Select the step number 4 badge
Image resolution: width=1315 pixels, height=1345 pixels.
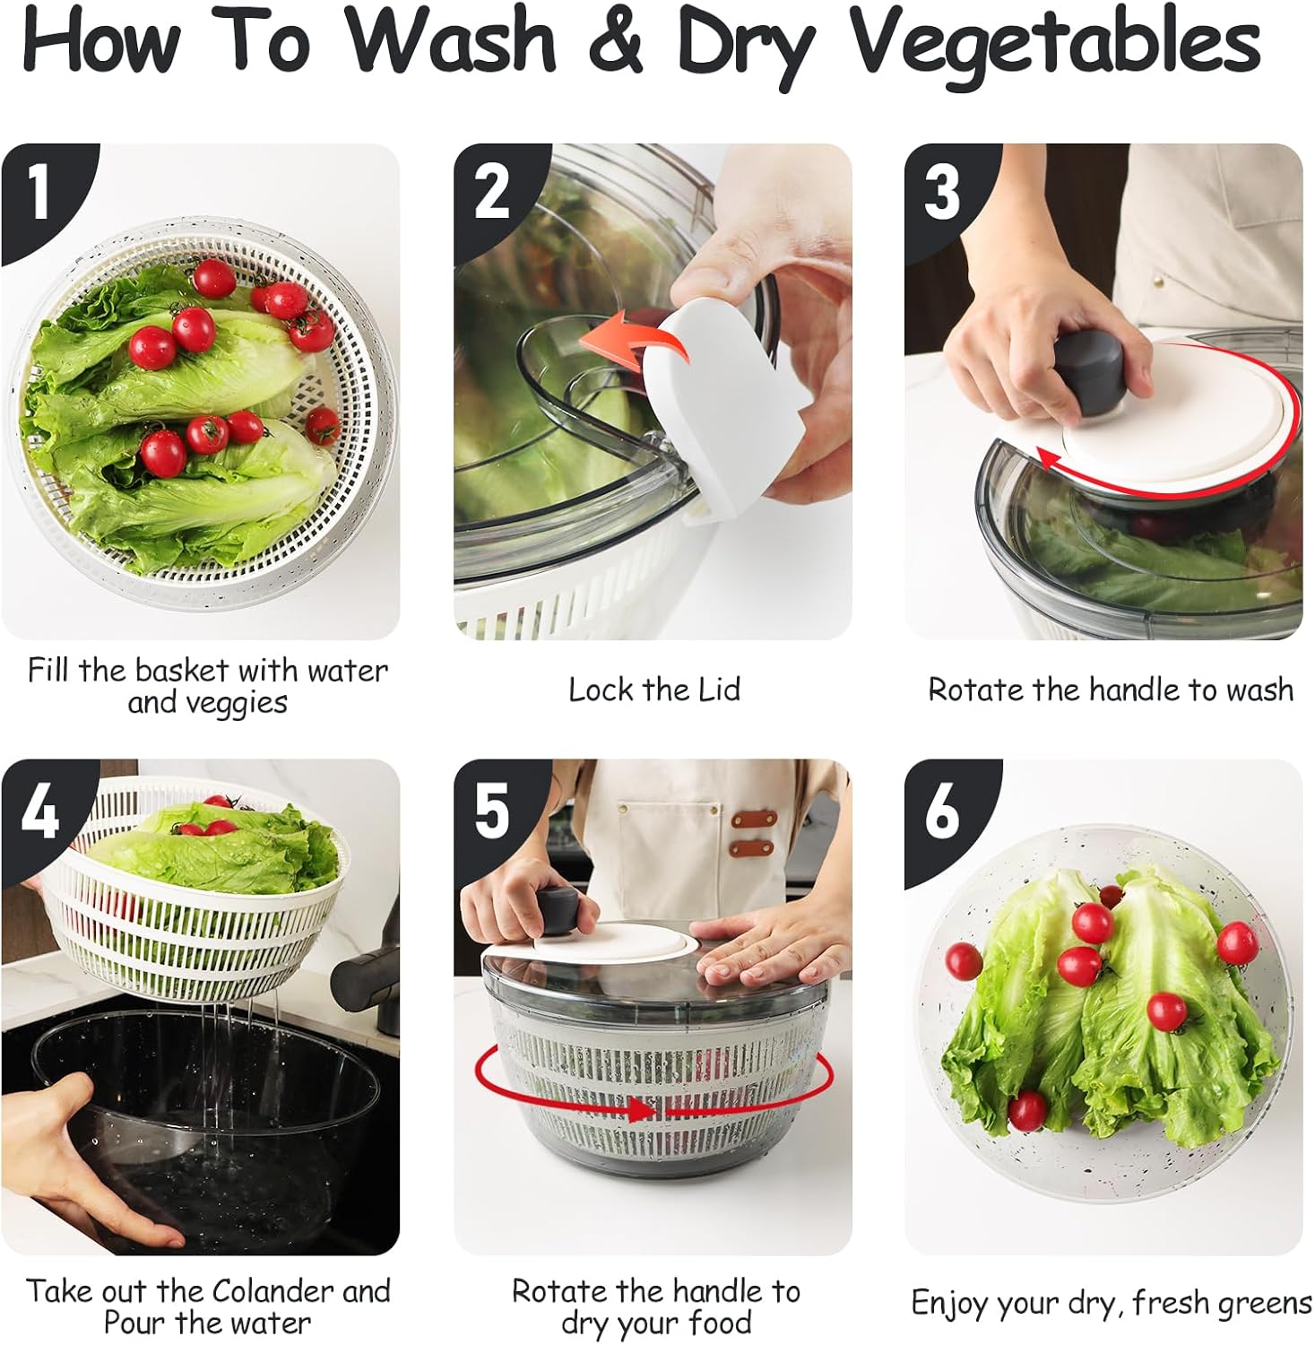click(x=40, y=811)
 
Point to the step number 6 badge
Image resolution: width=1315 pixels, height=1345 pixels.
click(x=941, y=811)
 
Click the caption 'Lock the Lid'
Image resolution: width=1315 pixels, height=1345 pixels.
click(x=654, y=690)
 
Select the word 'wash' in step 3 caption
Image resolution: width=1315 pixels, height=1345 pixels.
click(x=1259, y=690)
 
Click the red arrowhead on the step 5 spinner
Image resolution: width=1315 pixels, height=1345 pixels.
click(x=642, y=1111)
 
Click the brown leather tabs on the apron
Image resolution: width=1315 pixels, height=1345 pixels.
click(x=752, y=833)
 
